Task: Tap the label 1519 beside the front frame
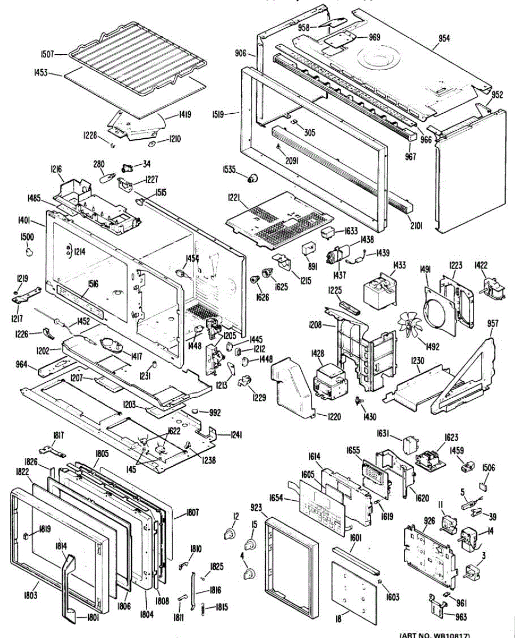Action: pyautogui.click(x=231, y=113)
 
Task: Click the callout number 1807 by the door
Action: pyautogui.click(x=192, y=513)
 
